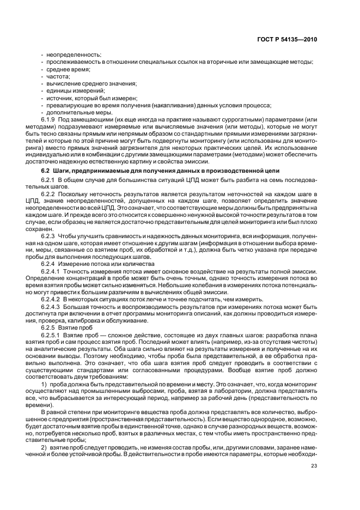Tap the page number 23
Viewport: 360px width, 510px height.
click(x=314, y=465)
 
